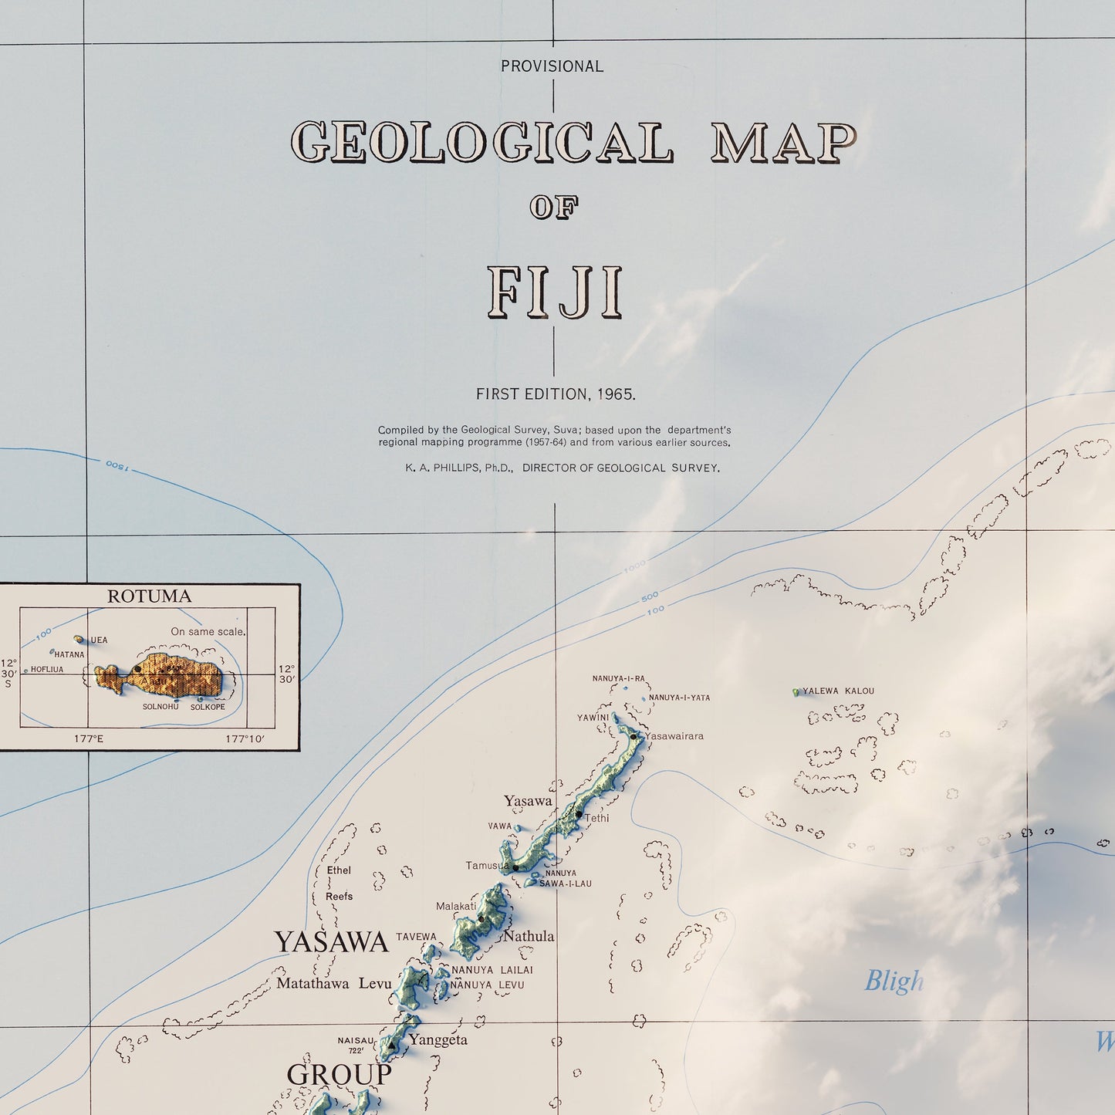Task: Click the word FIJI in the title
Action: (554, 293)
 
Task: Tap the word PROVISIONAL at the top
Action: (552, 66)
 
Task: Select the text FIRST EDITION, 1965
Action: (556, 394)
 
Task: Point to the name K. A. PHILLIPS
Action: (459, 468)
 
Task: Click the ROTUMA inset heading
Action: (149, 596)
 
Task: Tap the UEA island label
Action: (99, 640)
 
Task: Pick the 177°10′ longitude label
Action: (245, 738)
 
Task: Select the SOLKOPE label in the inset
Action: (208, 707)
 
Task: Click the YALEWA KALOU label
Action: (838, 691)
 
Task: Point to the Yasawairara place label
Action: (674, 735)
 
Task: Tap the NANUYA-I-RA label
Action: (618, 678)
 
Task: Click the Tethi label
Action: (596, 818)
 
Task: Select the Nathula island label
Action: (529, 936)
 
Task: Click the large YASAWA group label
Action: (330, 942)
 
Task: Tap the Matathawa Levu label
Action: (333, 984)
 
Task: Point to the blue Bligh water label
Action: (894, 981)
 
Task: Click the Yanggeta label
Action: (438, 1039)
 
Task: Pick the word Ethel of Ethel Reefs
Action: (339, 870)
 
